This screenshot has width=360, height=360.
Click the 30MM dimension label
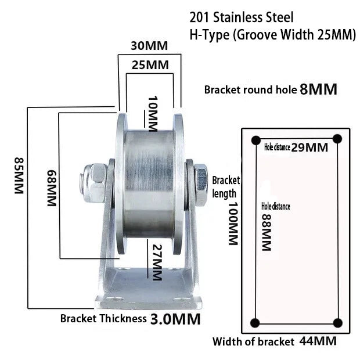tap(149, 46)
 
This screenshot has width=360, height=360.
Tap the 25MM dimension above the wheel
tap(150, 65)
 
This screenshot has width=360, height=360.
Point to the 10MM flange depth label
tap(153, 114)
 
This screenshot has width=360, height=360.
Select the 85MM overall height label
tap(19, 175)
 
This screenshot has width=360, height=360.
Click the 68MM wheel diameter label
tap(52, 188)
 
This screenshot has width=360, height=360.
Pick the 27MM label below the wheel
tap(157, 262)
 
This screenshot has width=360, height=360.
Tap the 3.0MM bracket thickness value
tap(175, 319)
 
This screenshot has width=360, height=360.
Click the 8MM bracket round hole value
tap(318, 89)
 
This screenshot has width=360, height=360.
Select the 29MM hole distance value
tap(309, 147)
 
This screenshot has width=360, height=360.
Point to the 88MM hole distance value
tap(267, 232)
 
